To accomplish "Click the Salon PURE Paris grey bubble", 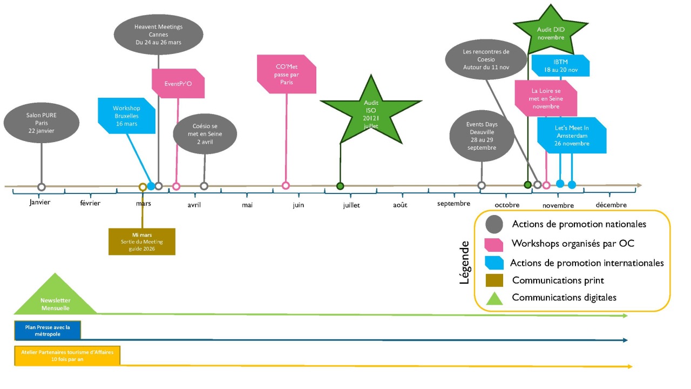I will [x=41, y=123].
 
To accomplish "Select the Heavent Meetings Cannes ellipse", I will [x=158, y=35].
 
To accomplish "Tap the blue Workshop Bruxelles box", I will [x=126, y=116].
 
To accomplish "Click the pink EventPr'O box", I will [x=178, y=84].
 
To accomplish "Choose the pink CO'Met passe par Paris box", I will [x=286, y=74].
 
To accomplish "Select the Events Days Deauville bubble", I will [x=482, y=136].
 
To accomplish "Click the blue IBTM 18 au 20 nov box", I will [x=560, y=66].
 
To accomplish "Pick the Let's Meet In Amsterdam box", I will [x=571, y=136].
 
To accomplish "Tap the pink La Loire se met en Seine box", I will [x=545, y=98].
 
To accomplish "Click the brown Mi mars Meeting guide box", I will [x=142, y=241].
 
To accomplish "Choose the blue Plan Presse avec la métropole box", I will [x=47, y=330].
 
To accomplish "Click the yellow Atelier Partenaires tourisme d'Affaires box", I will [x=67, y=356].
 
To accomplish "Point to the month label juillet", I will [x=351, y=205].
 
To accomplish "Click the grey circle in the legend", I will [x=494, y=224].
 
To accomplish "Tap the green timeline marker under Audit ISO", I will [x=340, y=186].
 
